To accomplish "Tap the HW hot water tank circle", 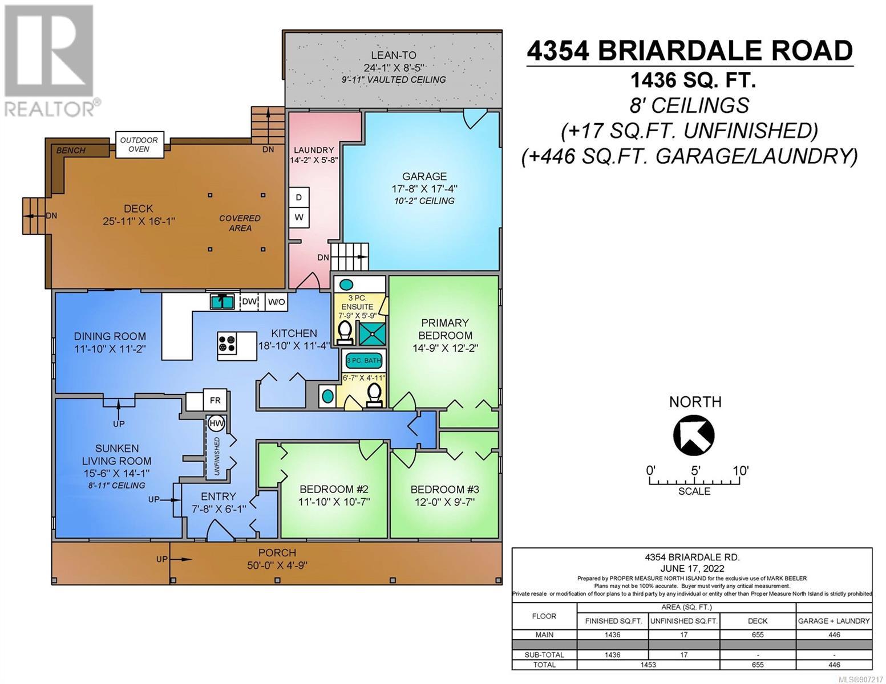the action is click(x=216, y=424).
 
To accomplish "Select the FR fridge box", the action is click(x=215, y=401).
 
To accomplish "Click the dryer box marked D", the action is click(x=299, y=198).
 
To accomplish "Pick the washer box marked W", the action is click(x=299, y=218).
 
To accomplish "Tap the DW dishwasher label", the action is click(x=249, y=302).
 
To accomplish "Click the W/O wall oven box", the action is click(x=277, y=302).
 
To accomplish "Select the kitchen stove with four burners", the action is click(x=227, y=343).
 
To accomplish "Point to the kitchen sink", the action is click(x=222, y=302).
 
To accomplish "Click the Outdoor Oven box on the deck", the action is click(x=139, y=145).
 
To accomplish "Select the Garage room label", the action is click(x=424, y=176).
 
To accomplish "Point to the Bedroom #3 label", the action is click(x=444, y=489).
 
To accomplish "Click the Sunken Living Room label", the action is click(x=116, y=455).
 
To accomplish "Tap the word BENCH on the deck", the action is click(x=71, y=150).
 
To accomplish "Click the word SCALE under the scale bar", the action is click(x=694, y=491).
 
